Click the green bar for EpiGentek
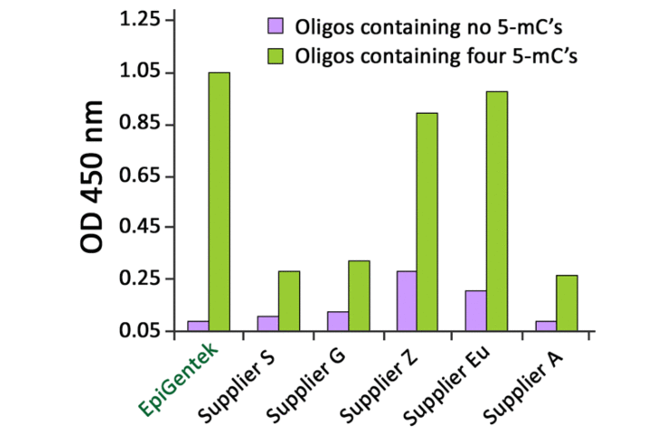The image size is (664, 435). tap(219, 201)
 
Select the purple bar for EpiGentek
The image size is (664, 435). tap(198, 326)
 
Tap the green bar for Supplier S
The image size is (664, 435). tap(289, 300)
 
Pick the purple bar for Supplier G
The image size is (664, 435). tap(337, 321)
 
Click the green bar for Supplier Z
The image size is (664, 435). tap(428, 221)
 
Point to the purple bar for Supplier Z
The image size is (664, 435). tap(407, 300)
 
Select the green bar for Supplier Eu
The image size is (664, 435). tap(497, 210)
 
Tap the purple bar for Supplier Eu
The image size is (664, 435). tap(476, 310)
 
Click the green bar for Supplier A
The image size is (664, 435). tap(567, 302)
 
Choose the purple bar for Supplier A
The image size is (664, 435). tap(546, 326)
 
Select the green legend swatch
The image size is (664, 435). tap(273, 56)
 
